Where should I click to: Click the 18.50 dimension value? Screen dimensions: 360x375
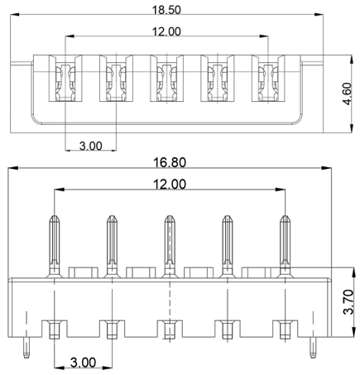tap(166, 10)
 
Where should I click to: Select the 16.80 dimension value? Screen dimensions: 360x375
tap(170, 162)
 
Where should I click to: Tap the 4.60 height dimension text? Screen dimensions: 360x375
tap(347, 94)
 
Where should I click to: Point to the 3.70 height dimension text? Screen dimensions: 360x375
tap(348, 302)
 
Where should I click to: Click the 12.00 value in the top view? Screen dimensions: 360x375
tap(166, 31)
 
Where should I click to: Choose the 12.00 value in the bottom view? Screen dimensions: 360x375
tap(170, 184)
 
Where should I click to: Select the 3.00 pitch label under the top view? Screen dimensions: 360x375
tap(91, 146)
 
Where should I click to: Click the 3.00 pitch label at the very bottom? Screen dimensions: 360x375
tap(83, 363)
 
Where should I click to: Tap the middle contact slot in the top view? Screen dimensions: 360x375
tap(166, 78)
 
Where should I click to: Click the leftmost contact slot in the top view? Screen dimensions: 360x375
tap(65, 78)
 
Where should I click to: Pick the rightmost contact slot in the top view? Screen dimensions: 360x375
tap(268, 78)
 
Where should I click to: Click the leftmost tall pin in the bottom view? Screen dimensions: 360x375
tap(55, 247)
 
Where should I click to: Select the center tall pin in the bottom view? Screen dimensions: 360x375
tap(170, 247)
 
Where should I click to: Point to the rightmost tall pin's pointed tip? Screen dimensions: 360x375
tap(285, 216)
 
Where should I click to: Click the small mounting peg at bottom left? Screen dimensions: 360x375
tap(26, 347)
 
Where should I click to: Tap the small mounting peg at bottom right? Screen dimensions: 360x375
tap(313, 347)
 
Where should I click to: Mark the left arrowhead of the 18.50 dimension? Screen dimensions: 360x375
tap(15, 14)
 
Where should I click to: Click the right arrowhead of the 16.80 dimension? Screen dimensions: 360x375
tap(327, 168)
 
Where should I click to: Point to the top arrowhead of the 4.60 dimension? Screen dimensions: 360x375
tap(351, 60)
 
